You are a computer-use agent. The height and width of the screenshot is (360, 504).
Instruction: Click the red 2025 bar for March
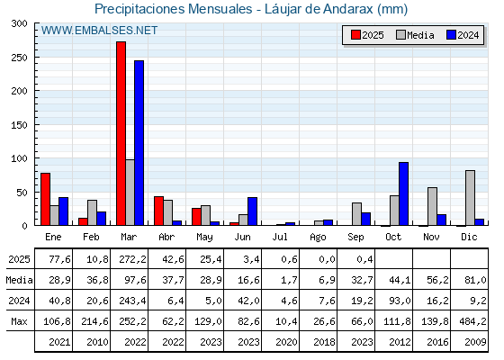121,133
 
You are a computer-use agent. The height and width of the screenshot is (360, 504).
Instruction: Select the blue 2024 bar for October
404,193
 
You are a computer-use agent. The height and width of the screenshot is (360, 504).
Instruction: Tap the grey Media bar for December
470,198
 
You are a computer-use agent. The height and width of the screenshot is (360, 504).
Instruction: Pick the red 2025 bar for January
45,199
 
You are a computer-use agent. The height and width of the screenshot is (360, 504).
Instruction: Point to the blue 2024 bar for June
252,211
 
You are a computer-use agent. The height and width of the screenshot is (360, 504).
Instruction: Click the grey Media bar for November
432,206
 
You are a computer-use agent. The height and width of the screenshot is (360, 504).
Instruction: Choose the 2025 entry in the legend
367,35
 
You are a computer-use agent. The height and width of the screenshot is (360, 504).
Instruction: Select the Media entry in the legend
415,35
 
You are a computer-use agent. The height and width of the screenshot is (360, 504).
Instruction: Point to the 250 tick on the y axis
35,58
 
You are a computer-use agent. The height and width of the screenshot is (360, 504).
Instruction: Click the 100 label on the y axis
19,158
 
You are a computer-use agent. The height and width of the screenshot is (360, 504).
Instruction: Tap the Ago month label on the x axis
318,238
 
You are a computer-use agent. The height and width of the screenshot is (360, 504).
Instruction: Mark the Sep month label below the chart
355,238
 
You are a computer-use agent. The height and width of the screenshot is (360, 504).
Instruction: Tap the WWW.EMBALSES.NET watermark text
99,31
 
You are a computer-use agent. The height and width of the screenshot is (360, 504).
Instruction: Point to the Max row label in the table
19,321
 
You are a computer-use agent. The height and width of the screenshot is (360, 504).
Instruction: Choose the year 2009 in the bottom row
475,342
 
